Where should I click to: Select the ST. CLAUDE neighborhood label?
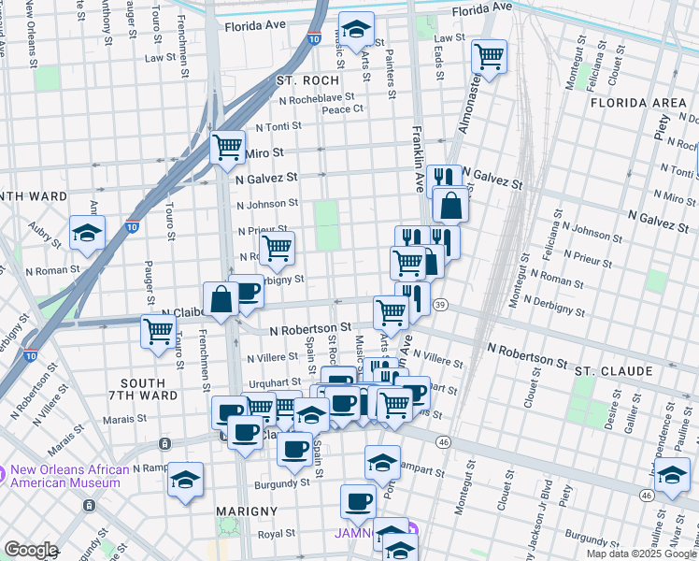point(613,371)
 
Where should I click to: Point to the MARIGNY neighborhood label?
point(247,511)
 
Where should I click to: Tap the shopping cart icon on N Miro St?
point(227,147)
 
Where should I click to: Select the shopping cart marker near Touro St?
point(159,330)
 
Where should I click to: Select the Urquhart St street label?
point(272,383)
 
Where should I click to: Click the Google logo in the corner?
point(31,550)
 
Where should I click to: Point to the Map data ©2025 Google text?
point(641,554)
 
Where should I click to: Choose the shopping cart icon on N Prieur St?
point(277,248)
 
